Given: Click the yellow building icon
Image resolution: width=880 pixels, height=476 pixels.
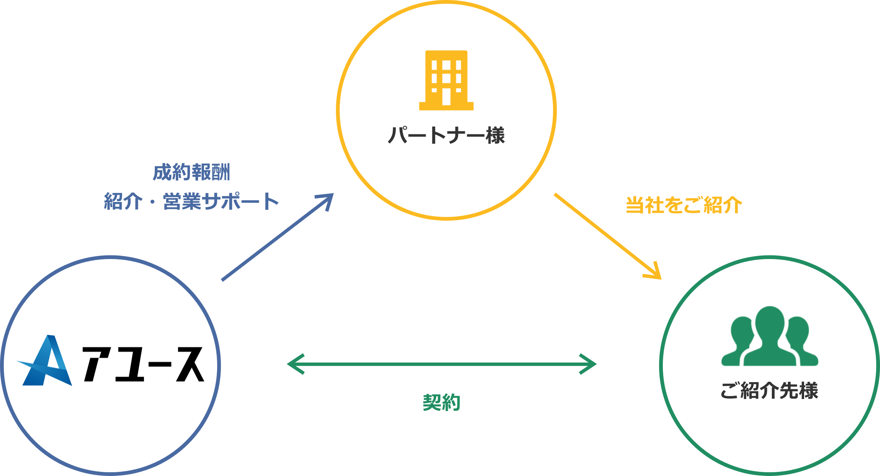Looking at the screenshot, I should pyautogui.click(x=446, y=80).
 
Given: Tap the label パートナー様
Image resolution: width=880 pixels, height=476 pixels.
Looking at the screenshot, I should pyautogui.click(x=446, y=135).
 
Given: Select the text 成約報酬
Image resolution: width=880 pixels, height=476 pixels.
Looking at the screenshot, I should pyautogui.click(x=191, y=172).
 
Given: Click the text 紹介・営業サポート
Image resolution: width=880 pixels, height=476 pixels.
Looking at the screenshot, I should pyautogui.click(x=191, y=202).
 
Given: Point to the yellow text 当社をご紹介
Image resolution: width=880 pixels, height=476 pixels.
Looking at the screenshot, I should pyautogui.click(x=684, y=205).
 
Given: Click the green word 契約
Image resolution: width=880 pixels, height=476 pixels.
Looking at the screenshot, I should pyautogui.click(x=442, y=402).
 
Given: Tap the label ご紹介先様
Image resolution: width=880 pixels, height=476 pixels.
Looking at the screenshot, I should pyautogui.click(x=769, y=390).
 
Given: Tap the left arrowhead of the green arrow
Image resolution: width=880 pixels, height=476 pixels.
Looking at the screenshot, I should pyautogui.click(x=294, y=364).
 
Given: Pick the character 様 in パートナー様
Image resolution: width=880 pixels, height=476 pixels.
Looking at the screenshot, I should pyautogui.click(x=495, y=135).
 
